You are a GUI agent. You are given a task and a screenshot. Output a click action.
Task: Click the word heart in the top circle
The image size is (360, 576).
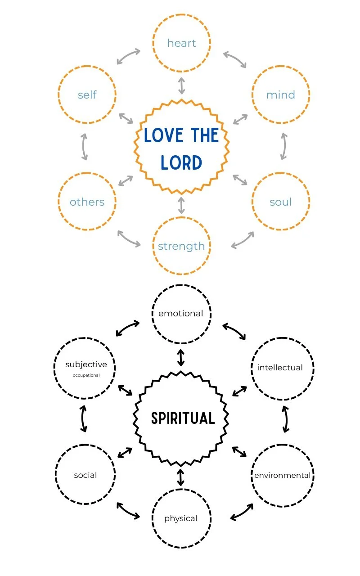(181, 43)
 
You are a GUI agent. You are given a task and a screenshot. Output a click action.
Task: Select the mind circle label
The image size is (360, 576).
(280, 95)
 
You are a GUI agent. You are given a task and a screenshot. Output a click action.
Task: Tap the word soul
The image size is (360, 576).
(280, 202)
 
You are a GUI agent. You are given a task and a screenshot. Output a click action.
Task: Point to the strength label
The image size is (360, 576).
(181, 246)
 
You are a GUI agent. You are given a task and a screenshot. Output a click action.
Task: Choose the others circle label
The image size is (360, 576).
(87, 202)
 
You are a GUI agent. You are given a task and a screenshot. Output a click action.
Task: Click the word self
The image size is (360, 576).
(87, 95)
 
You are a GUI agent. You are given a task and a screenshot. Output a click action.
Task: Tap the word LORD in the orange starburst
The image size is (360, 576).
(181, 163)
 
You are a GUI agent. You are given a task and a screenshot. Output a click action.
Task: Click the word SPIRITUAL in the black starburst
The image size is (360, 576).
(183, 418)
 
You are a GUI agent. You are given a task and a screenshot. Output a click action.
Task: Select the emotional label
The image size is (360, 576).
(181, 314)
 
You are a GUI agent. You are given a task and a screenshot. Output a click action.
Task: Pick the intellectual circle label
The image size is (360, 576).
(280, 368)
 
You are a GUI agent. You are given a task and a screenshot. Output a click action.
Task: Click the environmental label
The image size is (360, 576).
(282, 475)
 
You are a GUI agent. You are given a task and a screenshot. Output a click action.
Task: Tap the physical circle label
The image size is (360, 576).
(181, 518)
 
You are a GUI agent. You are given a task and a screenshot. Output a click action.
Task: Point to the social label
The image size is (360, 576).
(85, 475)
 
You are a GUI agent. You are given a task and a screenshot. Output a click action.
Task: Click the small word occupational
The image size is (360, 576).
(86, 375)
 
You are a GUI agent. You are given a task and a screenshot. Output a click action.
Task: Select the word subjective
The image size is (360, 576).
(86, 364)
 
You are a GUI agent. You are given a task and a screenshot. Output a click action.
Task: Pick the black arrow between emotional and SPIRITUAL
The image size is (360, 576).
(181, 357)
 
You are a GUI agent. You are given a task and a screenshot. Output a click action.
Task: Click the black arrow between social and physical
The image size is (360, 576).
(128, 511)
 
